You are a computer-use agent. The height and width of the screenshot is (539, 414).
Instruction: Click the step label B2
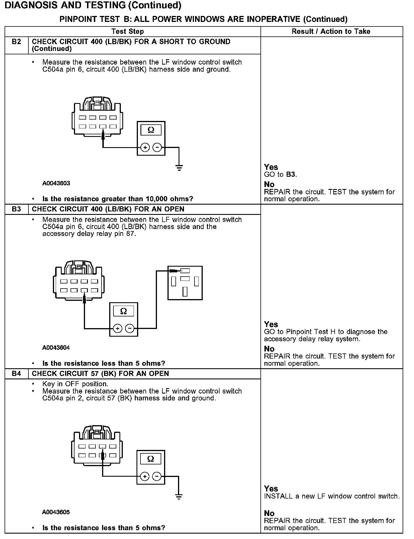[x=16, y=42]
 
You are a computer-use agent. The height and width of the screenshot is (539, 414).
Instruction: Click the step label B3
[x=16, y=209]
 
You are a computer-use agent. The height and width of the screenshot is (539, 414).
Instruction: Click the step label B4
[x=16, y=374]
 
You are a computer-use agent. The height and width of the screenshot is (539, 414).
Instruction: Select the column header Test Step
[x=128, y=32]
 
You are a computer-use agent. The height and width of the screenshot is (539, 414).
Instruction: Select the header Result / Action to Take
[x=331, y=32]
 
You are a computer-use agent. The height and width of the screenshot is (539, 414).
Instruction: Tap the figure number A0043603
[x=56, y=183]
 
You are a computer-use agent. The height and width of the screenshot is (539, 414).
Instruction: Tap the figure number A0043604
[x=56, y=348]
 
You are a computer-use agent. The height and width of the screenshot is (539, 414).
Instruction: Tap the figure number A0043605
[x=56, y=512]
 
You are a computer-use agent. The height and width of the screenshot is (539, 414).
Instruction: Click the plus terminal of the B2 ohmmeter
[x=145, y=147]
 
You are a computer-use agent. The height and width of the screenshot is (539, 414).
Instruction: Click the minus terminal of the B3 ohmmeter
[x=130, y=329]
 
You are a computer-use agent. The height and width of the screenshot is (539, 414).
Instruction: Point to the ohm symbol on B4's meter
[x=150, y=459]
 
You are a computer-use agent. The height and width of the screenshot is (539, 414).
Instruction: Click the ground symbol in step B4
[x=179, y=497]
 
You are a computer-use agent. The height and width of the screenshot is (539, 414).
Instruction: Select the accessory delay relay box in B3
[x=185, y=283]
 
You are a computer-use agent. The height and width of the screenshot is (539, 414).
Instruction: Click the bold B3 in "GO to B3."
[x=291, y=174]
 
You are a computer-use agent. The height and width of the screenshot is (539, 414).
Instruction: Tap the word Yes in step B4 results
[x=271, y=489]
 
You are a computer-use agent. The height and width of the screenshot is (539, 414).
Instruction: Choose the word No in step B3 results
[x=269, y=349]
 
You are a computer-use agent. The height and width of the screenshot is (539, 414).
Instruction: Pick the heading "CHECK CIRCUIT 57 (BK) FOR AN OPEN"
[x=100, y=374]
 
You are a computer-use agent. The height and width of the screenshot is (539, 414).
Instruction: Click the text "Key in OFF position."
[x=75, y=384]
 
